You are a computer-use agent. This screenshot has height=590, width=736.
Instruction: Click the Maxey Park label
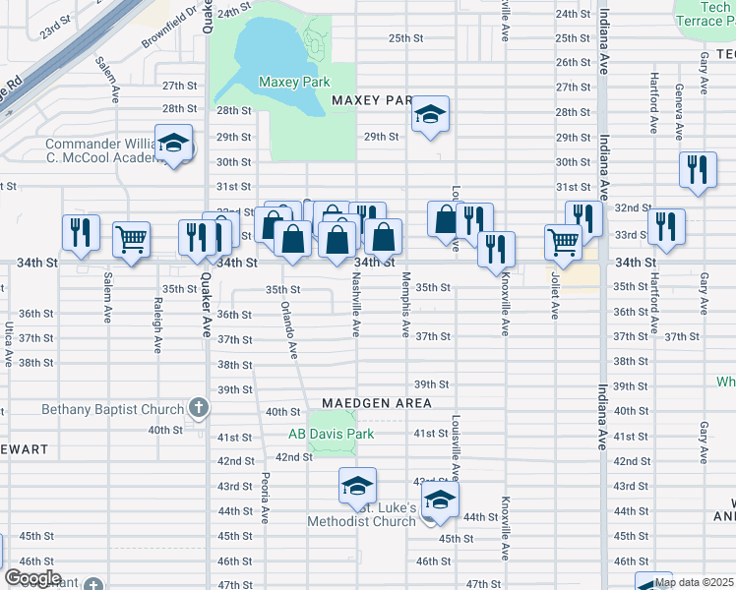click(x=293, y=83)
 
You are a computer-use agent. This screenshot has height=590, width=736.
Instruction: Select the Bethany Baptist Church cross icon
click(x=198, y=408)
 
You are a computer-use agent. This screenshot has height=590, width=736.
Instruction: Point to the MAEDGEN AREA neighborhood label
click(x=377, y=403)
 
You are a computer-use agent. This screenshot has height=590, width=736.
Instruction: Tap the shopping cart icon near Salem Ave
click(x=131, y=237)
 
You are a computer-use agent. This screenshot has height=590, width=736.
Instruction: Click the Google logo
click(x=32, y=578)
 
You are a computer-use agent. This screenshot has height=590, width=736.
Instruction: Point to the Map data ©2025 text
click(x=694, y=582)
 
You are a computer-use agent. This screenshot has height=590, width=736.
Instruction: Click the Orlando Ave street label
click(x=290, y=328)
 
